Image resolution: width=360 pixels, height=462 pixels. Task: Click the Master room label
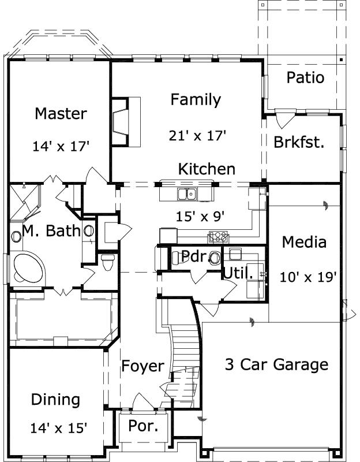(61, 114)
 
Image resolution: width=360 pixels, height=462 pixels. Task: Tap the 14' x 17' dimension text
(61, 146)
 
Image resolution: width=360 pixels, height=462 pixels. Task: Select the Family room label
(196, 100)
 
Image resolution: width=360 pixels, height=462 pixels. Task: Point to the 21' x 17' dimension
(197, 136)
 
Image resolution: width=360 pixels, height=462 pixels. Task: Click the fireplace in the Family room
(126, 122)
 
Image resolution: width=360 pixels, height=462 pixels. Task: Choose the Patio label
(305, 77)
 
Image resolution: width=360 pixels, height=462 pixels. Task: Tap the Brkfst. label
(299, 142)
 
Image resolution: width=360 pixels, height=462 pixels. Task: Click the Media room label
(304, 243)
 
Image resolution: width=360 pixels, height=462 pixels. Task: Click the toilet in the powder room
(215, 258)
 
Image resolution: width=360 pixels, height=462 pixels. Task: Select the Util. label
(238, 273)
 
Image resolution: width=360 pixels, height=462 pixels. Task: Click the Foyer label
(142, 367)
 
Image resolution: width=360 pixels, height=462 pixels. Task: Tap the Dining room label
(55, 400)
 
